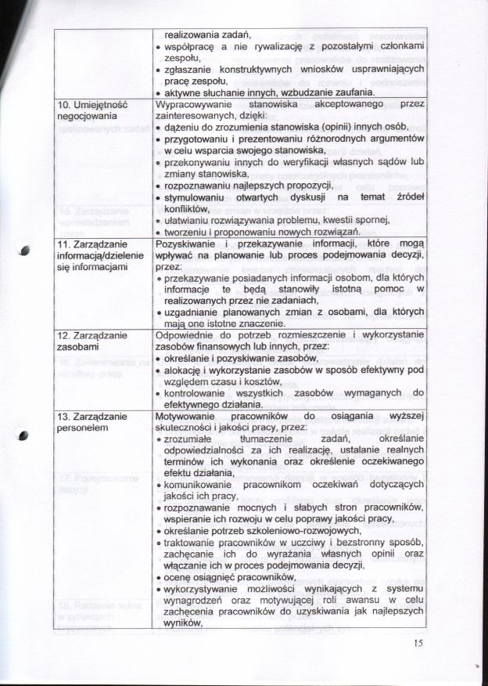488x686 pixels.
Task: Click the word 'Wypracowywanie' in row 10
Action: (192, 103)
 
